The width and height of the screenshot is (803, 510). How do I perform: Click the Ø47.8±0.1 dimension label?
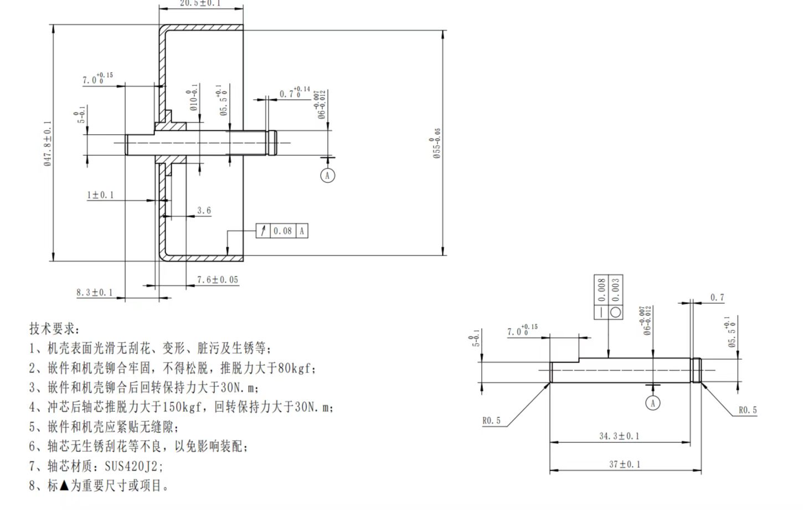point(48,144)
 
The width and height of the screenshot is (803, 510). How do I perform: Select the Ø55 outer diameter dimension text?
point(437,144)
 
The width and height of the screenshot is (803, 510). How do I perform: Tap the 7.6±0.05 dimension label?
point(218,280)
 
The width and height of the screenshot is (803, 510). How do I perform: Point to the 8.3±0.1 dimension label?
point(94,293)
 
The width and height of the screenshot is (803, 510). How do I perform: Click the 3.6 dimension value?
point(204,211)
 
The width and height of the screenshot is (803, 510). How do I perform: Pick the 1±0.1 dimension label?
point(100,195)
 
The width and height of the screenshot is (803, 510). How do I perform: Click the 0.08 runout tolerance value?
point(282,231)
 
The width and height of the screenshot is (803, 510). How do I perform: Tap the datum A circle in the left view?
point(328,176)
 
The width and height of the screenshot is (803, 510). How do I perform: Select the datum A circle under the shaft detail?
point(653,403)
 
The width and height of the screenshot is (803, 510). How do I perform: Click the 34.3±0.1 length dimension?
point(619,436)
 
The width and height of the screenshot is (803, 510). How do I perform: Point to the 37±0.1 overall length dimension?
point(625,464)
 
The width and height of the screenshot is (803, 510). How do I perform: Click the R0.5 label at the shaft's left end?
point(491,421)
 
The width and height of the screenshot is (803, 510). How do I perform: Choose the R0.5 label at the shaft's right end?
point(748,410)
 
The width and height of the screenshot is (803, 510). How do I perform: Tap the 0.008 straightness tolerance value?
point(601,290)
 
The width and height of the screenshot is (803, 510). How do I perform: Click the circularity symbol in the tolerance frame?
point(616,312)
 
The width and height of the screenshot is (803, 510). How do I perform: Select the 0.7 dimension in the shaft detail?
point(717,298)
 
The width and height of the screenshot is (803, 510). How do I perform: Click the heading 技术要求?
point(54,329)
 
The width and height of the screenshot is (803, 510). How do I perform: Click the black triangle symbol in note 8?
point(64,486)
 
